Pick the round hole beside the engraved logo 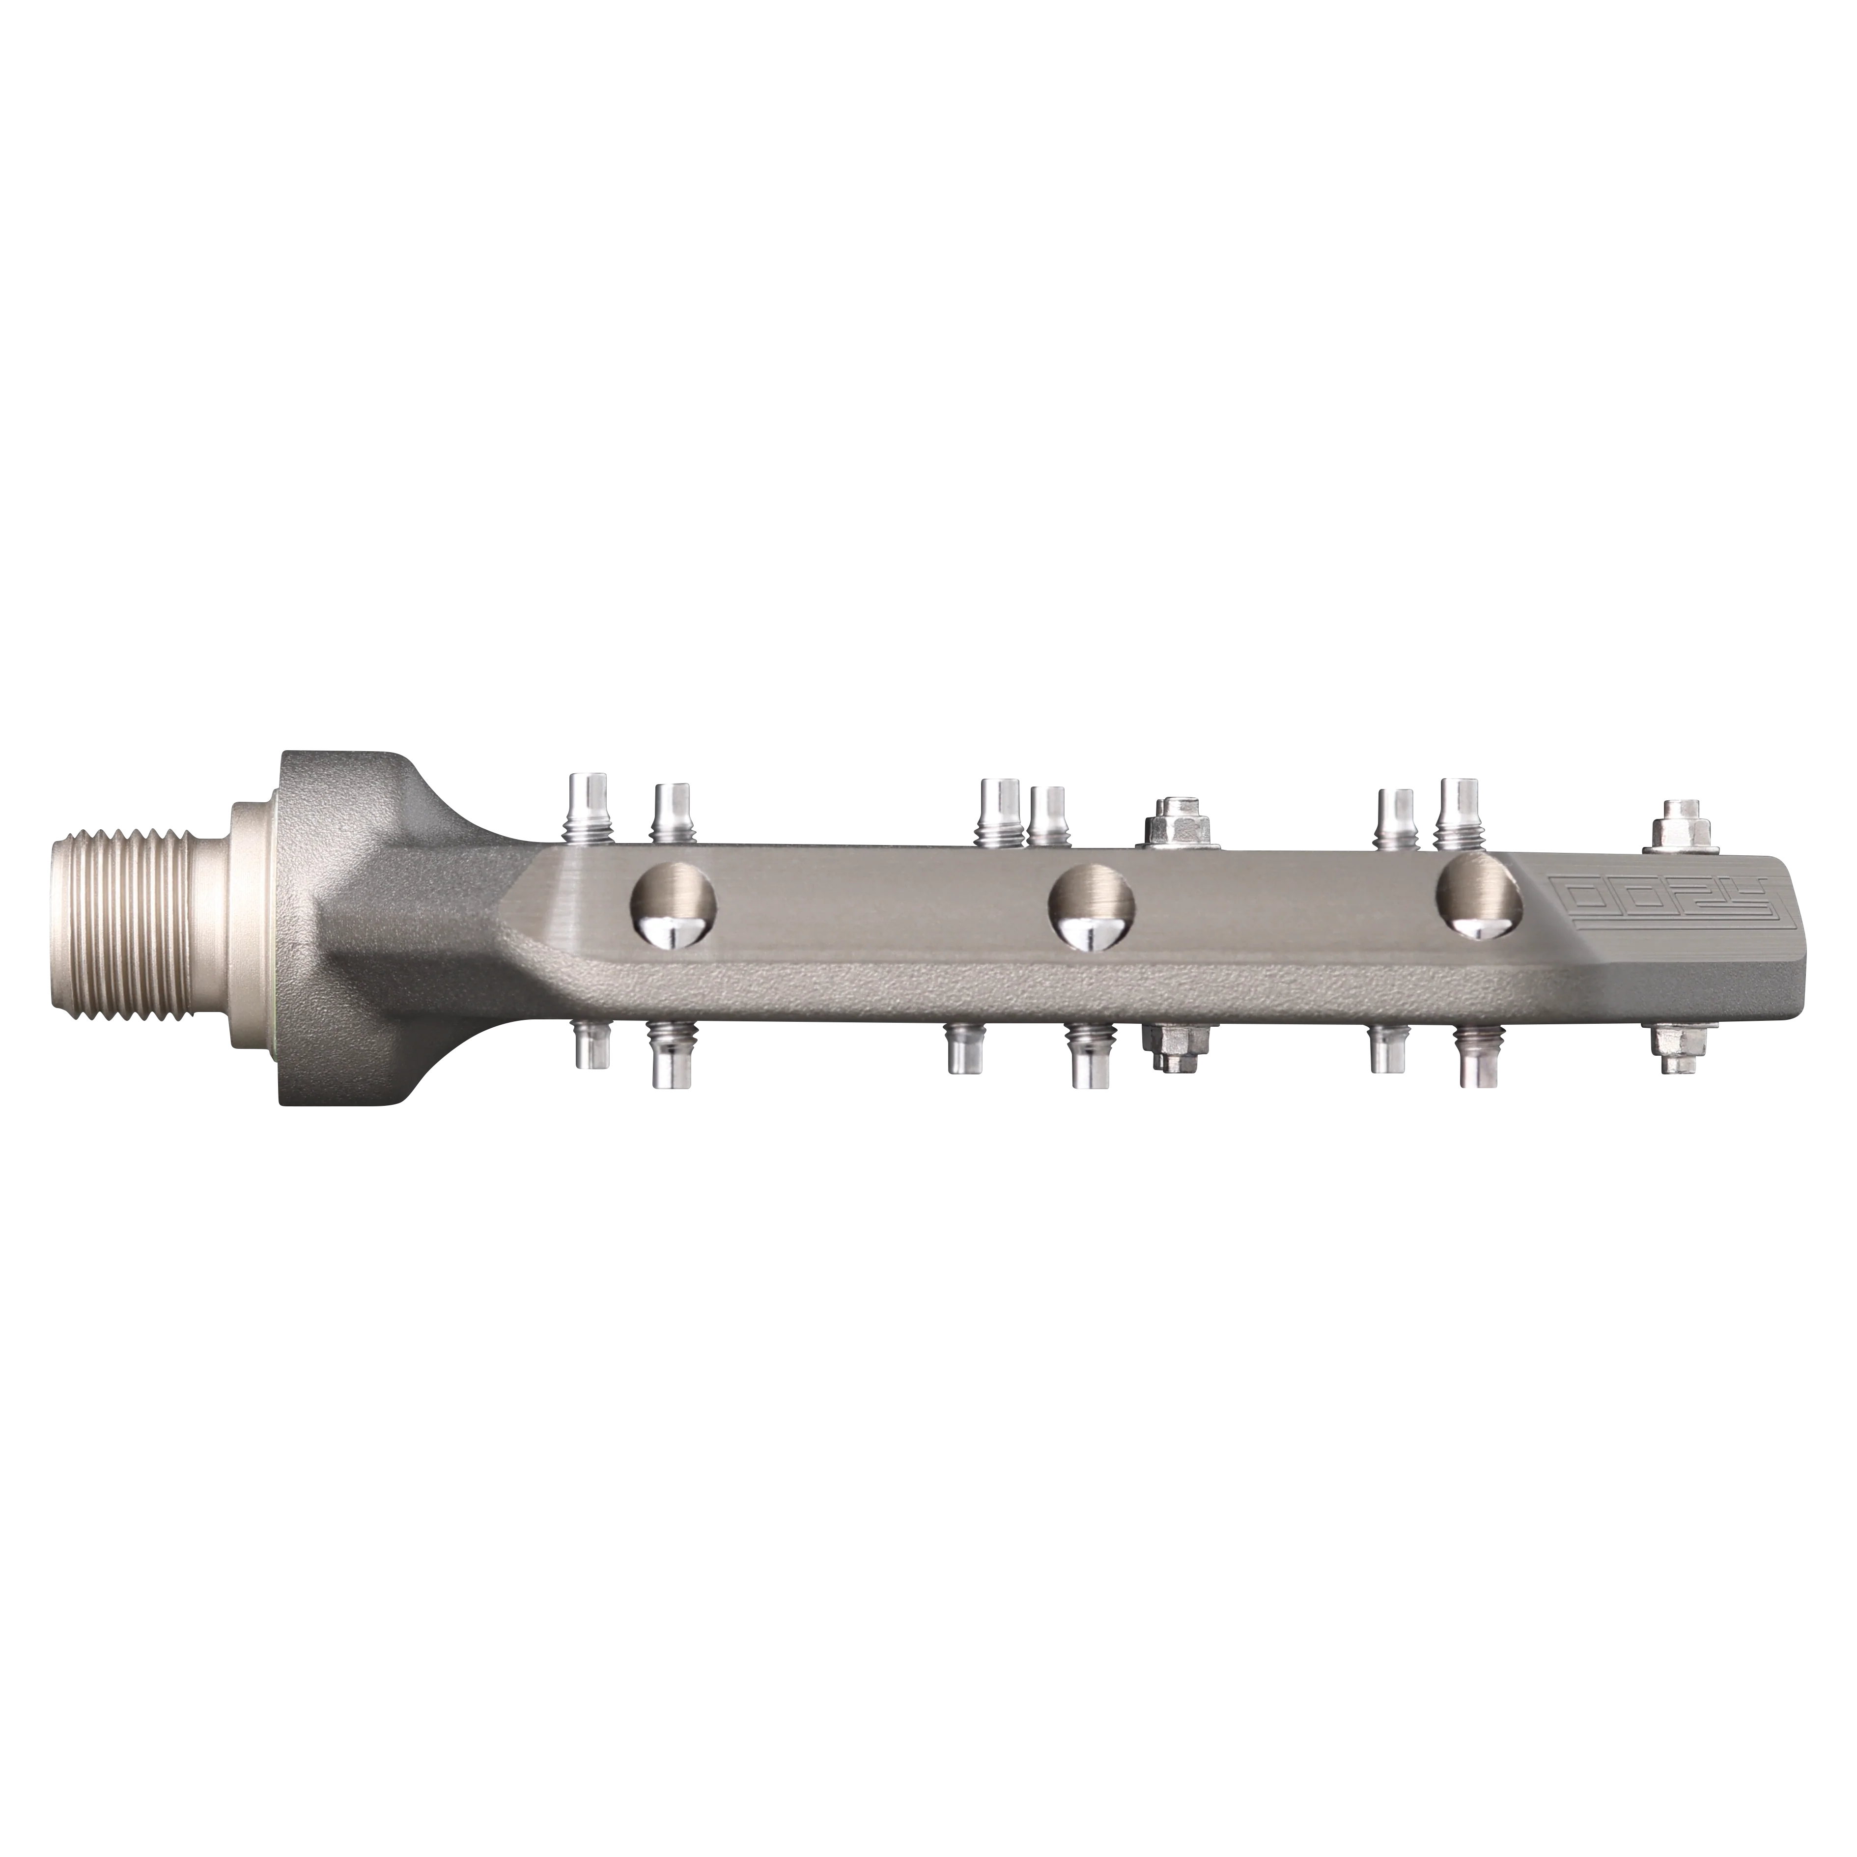coord(1480,899)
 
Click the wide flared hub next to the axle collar coord(327,928)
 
